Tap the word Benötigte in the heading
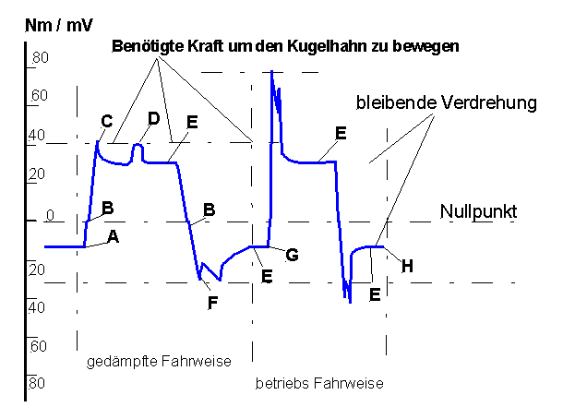(x=144, y=45)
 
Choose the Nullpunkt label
(x=478, y=211)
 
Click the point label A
(x=113, y=236)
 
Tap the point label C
(x=106, y=121)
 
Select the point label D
(x=153, y=118)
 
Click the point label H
(x=406, y=266)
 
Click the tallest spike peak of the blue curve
(x=272, y=71)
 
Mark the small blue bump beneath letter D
(x=138, y=146)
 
